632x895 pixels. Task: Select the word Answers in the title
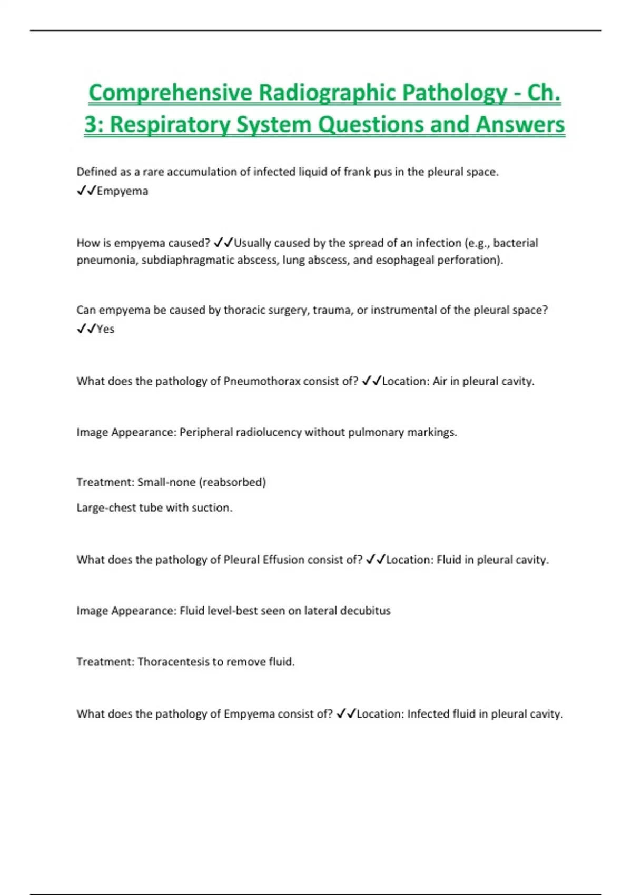click(x=520, y=125)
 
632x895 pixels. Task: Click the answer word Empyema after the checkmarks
click(x=122, y=191)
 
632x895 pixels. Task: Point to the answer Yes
click(x=105, y=329)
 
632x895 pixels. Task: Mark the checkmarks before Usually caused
click(x=223, y=243)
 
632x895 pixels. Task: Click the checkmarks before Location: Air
click(x=371, y=381)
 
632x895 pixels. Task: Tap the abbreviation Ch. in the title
click(x=544, y=93)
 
